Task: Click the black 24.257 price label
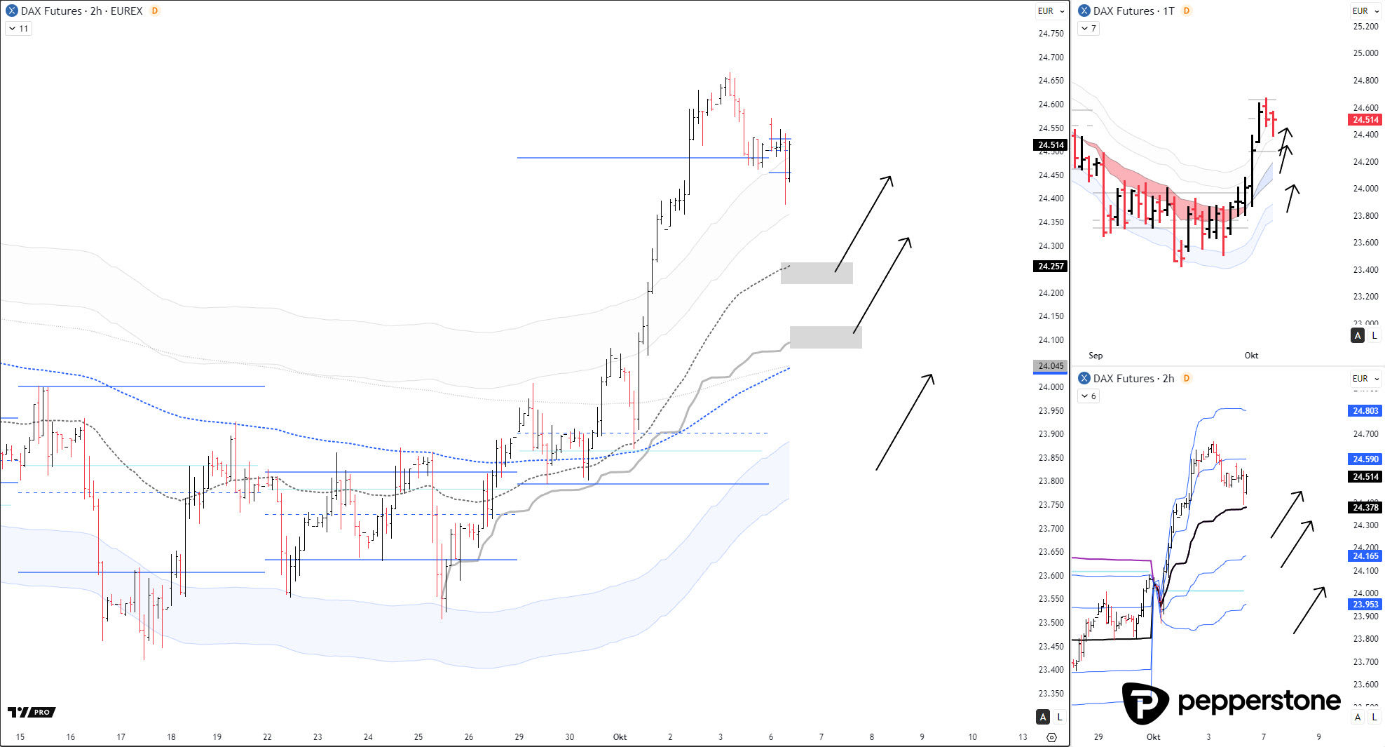tap(1051, 267)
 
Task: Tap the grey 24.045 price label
tap(1051, 366)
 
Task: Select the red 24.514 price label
tap(1365, 120)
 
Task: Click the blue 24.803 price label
tap(1365, 411)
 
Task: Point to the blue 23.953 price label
tap(1365, 605)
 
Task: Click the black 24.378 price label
tap(1365, 508)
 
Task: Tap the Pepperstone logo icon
tap(1145, 703)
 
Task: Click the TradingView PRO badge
tap(32, 712)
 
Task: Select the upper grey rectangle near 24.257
tap(817, 273)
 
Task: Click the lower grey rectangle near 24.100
tap(826, 337)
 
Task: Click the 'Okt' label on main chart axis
tap(620, 737)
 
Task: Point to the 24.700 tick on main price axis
tap(1051, 58)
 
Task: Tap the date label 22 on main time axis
tap(267, 737)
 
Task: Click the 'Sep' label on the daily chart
tap(1096, 356)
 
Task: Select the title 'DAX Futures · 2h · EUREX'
tap(81, 11)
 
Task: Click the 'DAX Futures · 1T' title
tap(1133, 11)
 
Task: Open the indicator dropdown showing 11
tap(19, 29)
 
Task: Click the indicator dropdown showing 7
tap(1089, 29)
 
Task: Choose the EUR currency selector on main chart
tap(1051, 11)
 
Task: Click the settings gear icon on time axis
tap(1051, 737)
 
